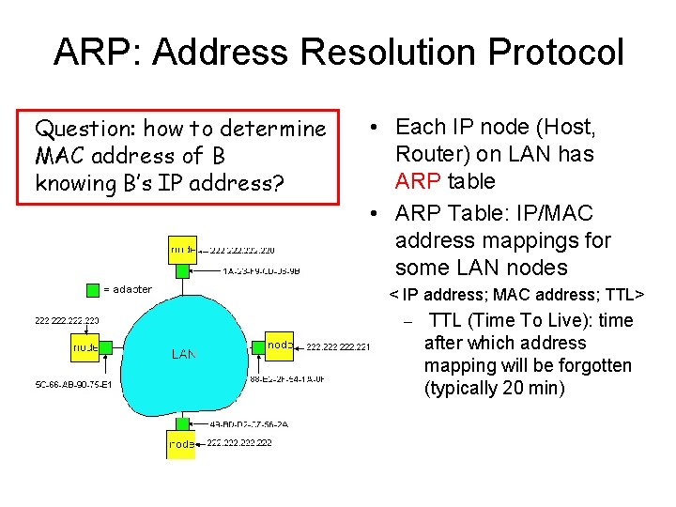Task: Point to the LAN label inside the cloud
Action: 184,354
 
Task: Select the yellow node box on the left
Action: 85,347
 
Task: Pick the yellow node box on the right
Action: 280,346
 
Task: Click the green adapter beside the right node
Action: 258,346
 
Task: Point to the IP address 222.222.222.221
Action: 338,347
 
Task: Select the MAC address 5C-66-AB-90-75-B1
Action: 73,385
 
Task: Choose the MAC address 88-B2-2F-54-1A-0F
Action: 287,379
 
